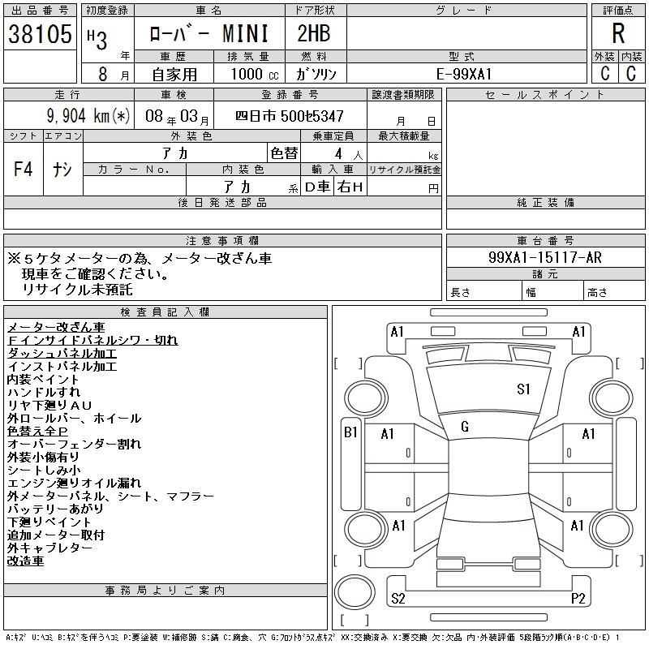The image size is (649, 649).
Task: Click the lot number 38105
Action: click(x=40, y=33)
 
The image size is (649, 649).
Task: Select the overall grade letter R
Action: click(x=618, y=33)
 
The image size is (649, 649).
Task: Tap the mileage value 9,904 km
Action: click(x=78, y=116)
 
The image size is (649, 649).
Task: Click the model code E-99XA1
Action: click(x=464, y=74)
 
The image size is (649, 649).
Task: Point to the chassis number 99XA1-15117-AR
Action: click(x=544, y=257)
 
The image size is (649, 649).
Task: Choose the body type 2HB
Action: click(x=314, y=33)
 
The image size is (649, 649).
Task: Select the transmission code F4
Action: click(x=24, y=169)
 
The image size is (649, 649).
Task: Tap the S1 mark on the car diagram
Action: click(x=523, y=389)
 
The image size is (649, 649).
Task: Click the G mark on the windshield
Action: click(x=465, y=427)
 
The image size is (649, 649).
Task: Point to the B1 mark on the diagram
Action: click(x=350, y=432)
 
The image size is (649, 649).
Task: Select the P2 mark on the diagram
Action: click(x=578, y=599)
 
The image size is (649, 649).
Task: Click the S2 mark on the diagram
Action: click(x=398, y=599)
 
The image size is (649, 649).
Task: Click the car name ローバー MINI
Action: click(x=208, y=33)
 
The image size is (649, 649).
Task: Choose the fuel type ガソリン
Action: click(x=316, y=74)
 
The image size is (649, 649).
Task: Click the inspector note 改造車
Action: click(x=26, y=561)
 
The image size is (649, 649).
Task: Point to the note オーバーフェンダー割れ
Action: click(x=75, y=444)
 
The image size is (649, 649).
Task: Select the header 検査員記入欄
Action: click(x=165, y=312)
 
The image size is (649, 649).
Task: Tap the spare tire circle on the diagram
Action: click(x=355, y=592)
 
